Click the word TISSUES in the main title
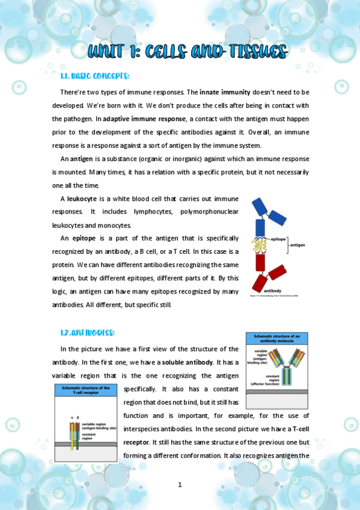[x=252, y=51]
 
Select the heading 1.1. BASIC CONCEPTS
[x=94, y=76]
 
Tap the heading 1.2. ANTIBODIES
[x=87, y=333]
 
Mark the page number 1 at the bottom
[x=180, y=485]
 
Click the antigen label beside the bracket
[x=299, y=245]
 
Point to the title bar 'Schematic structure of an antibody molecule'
[x=276, y=338]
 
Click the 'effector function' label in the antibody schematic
[x=264, y=383]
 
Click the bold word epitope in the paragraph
[x=84, y=238]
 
